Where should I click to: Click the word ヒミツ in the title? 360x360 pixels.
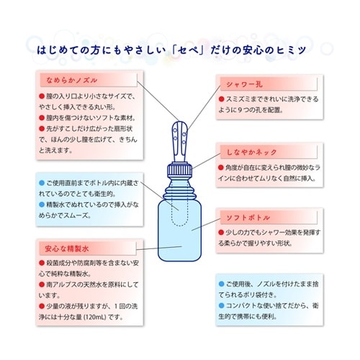[304, 53]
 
